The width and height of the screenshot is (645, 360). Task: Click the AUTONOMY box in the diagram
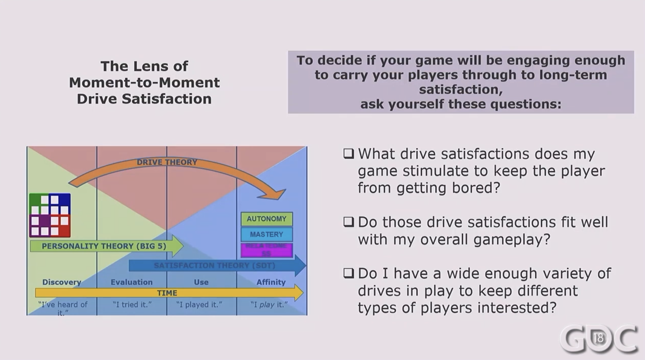pyautogui.click(x=266, y=219)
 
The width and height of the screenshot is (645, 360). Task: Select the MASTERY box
pyautogui.click(x=266, y=235)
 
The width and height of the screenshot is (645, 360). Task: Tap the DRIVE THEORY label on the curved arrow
pyautogui.click(x=167, y=162)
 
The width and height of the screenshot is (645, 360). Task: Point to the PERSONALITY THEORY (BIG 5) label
pyautogui.click(x=104, y=246)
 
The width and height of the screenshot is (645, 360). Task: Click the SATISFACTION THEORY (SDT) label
pyautogui.click(x=215, y=265)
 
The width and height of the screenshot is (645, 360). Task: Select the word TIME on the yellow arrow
pyautogui.click(x=167, y=293)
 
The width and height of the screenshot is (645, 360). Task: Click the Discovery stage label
pyautogui.click(x=61, y=282)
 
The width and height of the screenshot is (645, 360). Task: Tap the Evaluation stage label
pyautogui.click(x=132, y=282)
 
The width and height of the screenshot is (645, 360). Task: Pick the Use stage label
pyautogui.click(x=201, y=282)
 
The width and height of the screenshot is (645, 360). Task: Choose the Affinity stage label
pyautogui.click(x=271, y=282)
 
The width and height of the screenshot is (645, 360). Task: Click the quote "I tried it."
pyautogui.click(x=132, y=305)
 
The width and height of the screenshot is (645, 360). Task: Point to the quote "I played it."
pyautogui.click(x=199, y=305)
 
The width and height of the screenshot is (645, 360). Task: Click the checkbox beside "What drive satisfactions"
pyautogui.click(x=349, y=154)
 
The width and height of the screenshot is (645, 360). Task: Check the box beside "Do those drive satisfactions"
pyautogui.click(x=349, y=222)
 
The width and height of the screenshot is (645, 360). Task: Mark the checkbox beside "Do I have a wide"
pyautogui.click(x=349, y=273)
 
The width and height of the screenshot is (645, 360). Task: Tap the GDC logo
pyautogui.click(x=599, y=338)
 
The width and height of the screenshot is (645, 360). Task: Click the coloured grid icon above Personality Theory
pyautogui.click(x=50, y=215)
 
